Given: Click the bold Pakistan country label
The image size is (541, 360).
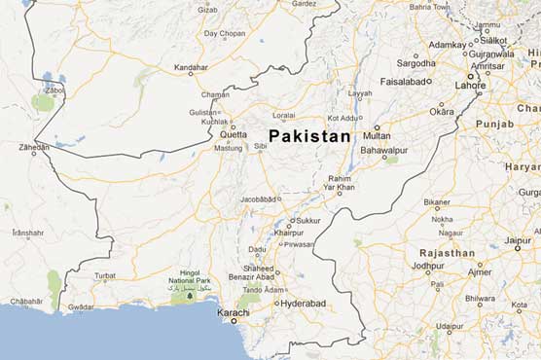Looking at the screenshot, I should (309, 136).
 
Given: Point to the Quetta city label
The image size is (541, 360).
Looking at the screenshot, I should (234, 134).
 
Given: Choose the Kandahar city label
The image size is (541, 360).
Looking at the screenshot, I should (190, 67).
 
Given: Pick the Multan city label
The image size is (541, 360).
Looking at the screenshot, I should (377, 135).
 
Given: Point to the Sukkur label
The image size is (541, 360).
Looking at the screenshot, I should (307, 221).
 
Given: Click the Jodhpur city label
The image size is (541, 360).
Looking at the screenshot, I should (427, 266).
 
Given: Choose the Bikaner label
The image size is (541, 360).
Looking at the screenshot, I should (437, 201).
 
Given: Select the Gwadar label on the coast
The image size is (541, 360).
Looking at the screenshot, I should (80, 306).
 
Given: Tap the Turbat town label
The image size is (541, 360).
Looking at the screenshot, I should (104, 275).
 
